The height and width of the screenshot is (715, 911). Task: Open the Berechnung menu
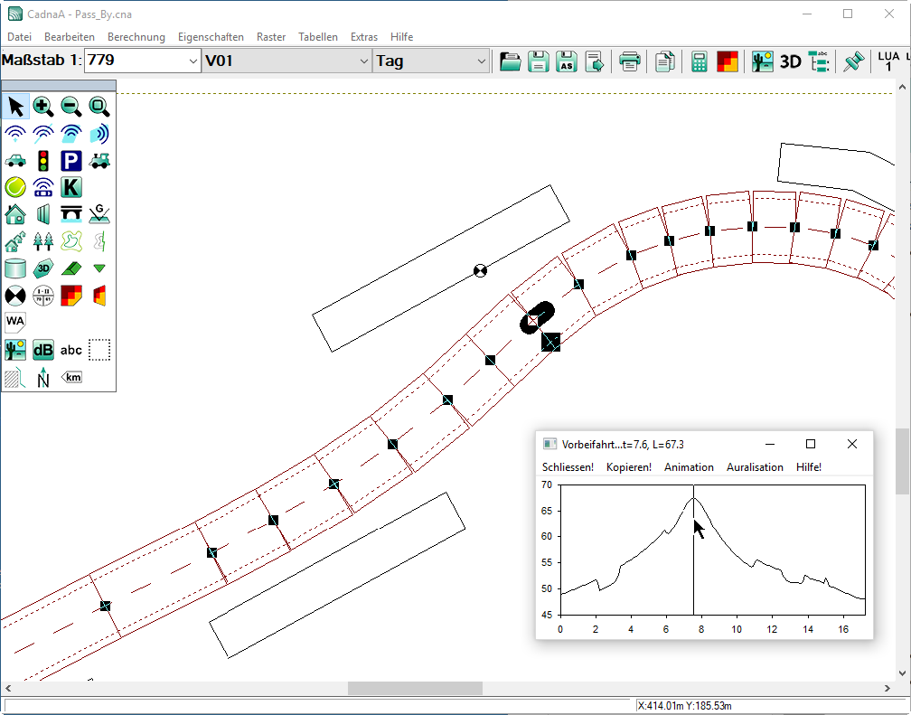136,37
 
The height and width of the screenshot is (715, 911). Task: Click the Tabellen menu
318,37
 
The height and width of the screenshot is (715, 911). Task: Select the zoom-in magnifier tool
43,107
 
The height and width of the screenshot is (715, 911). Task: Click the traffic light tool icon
43,160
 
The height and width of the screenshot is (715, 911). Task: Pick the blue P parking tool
70,160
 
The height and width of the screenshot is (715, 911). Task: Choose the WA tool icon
15,322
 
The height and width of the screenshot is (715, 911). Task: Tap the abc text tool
70,350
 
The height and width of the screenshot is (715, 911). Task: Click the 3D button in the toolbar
790,61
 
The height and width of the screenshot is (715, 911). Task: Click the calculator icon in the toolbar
699,61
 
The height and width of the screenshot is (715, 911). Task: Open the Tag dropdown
430,61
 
